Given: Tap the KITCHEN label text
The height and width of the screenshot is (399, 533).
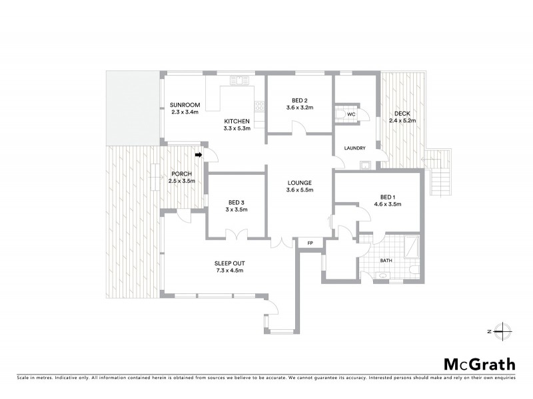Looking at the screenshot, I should click(237, 121).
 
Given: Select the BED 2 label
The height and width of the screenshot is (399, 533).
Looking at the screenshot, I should click(299, 100).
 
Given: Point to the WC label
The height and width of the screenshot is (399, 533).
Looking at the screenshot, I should click(352, 115).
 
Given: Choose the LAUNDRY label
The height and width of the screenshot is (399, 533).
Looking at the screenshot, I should click(356, 148).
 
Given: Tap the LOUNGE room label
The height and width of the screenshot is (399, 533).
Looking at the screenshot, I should click(299, 183).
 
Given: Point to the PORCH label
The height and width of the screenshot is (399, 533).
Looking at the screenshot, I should click(180, 174).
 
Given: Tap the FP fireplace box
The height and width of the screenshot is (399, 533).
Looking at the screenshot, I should click(310, 243).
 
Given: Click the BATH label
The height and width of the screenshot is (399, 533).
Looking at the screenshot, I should click(386, 261).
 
